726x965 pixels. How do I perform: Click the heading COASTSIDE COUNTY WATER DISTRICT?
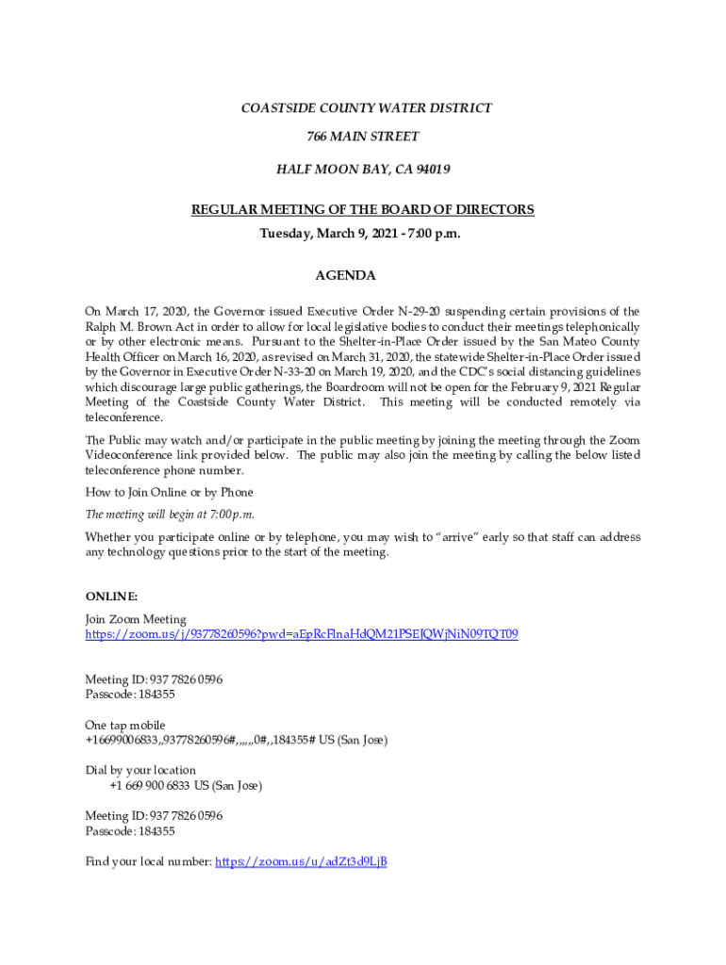(x=367, y=108)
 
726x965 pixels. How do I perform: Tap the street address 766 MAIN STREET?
(x=363, y=138)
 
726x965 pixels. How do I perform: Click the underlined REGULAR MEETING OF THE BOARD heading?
(x=363, y=210)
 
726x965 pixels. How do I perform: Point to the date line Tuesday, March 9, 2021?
(x=361, y=233)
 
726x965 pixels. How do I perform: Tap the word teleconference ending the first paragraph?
(x=124, y=417)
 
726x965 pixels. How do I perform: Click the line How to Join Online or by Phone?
(x=169, y=493)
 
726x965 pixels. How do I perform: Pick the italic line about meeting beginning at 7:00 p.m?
(x=170, y=515)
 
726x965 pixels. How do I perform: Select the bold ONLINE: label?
(x=112, y=597)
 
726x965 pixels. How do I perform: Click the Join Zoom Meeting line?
(x=136, y=619)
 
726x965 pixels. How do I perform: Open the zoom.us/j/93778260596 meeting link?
(x=302, y=635)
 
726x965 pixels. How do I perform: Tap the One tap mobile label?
(x=124, y=725)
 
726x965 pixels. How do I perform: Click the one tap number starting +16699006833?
(x=236, y=741)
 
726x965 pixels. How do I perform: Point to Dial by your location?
(x=140, y=770)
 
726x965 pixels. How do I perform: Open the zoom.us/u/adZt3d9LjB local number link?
(x=302, y=861)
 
